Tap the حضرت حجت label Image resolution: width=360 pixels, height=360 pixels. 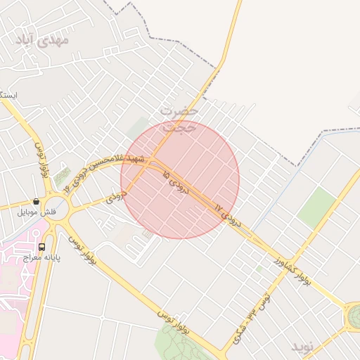tap(179, 118)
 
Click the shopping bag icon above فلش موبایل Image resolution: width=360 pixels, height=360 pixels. tap(36, 202)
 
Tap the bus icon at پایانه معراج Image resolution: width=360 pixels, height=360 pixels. tap(42, 247)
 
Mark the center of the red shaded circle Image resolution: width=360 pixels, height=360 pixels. tap(180, 179)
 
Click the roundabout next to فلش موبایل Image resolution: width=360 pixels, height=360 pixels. tap(58, 209)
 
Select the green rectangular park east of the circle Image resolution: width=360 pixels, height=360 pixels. tap(316, 207)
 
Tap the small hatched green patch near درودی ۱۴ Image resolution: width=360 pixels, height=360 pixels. tap(63, 175)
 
